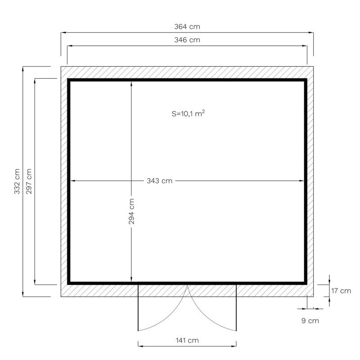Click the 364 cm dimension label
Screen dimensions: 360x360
pos(187,27)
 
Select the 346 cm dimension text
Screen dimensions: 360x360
pos(187,40)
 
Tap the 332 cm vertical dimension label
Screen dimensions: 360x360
pos(17,181)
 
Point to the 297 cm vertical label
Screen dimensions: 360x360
pos(29,181)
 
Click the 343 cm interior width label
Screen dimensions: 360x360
pos(160,181)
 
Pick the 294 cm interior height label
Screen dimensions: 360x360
pos(131,211)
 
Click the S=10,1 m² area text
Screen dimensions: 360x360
pos(188,113)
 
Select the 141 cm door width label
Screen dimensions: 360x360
pos(187,340)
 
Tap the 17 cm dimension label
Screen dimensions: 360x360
pos(341,291)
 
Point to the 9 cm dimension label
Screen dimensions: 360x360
pos(310,320)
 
